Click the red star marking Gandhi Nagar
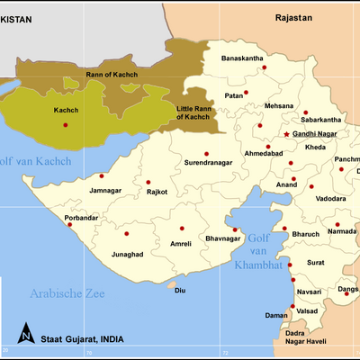287,134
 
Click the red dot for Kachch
66,124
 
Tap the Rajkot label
158,192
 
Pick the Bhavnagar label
225,239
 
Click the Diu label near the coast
180,290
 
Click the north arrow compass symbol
28,334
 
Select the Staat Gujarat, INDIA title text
85,337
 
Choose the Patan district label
235,94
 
